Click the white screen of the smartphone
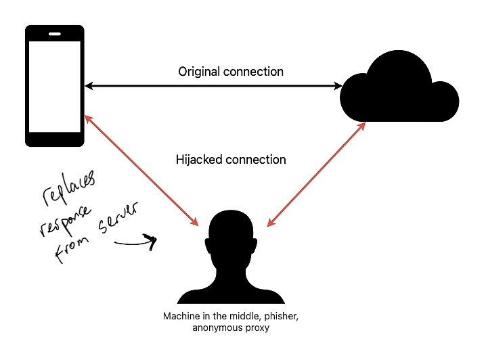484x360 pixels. [x=55, y=87]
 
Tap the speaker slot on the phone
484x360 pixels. [x=55, y=34]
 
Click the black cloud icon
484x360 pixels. [x=399, y=87]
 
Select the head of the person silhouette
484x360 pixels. [x=232, y=234]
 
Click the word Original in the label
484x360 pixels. [x=199, y=72]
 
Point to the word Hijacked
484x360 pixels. [x=199, y=160]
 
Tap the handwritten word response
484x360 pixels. [x=66, y=221]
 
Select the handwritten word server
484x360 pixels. [x=118, y=217]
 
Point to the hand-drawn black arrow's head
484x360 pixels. [x=151, y=242]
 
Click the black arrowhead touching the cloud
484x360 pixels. [x=338, y=86]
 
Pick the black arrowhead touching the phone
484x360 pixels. [x=89, y=86]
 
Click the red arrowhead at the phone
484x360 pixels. [x=88, y=119]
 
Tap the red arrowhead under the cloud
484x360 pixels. [x=361, y=127]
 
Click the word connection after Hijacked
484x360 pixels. [x=256, y=160]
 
